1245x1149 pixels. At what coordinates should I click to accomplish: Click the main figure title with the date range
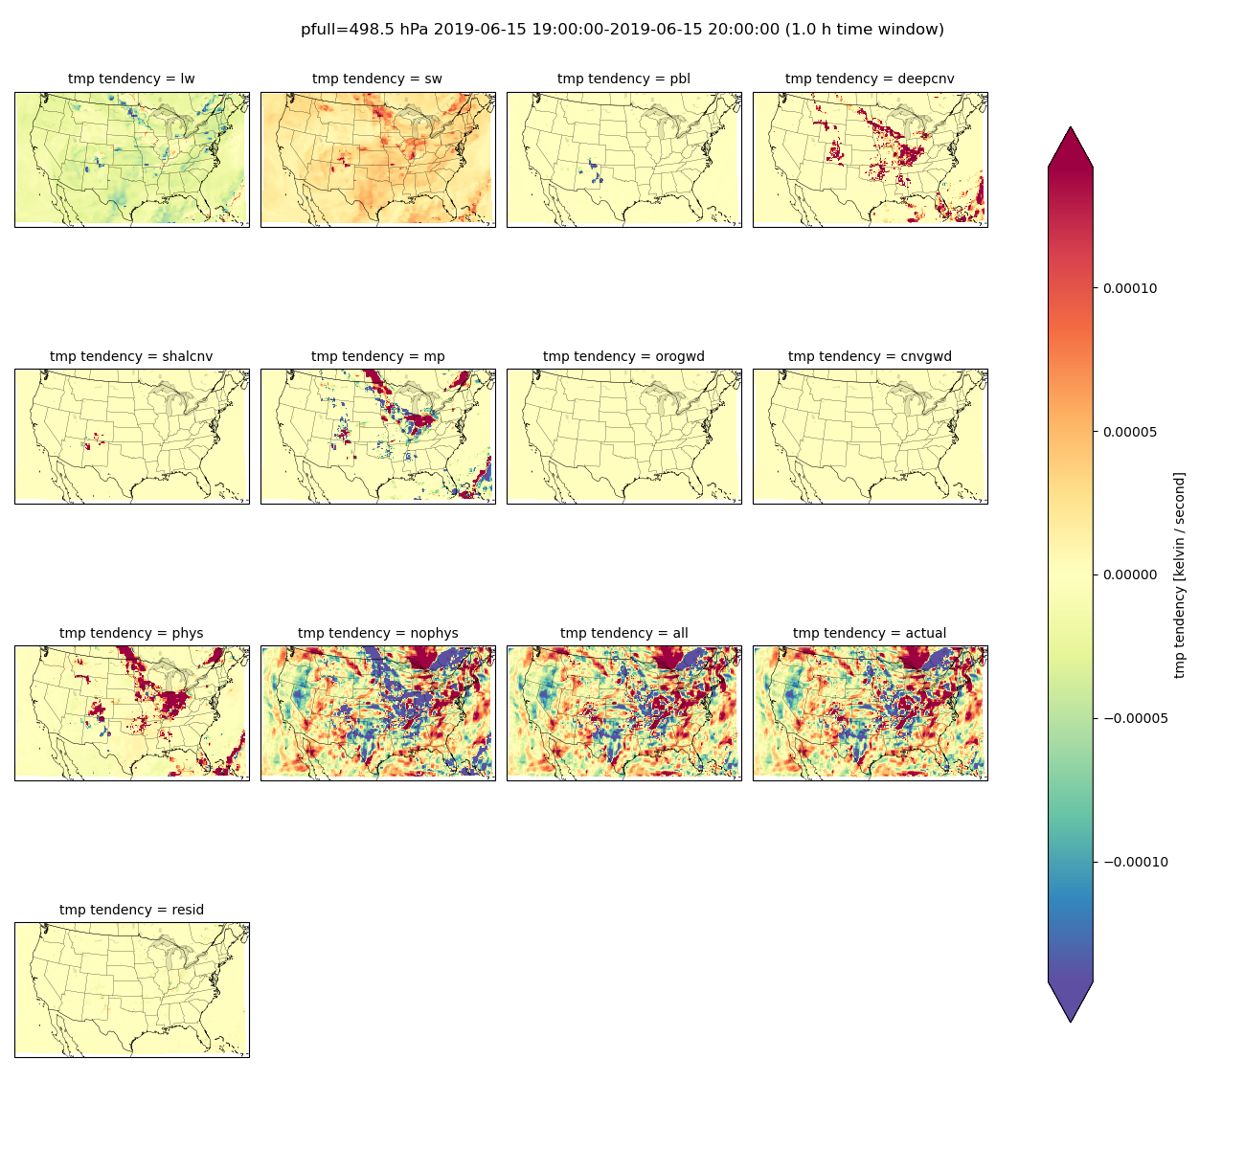(x=622, y=30)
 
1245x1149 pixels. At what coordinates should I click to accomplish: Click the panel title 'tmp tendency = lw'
(x=131, y=79)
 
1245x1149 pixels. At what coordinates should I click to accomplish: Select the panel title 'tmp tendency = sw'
(x=377, y=79)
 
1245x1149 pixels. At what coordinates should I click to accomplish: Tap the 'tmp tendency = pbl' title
(x=623, y=79)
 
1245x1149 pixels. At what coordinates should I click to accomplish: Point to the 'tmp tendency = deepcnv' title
(x=871, y=79)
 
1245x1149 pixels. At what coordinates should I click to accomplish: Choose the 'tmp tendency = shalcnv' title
(x=131, y=356)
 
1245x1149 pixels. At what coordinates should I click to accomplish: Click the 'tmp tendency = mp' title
(x=378, y=356)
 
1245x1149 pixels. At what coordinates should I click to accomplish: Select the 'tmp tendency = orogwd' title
(x=623, y=356)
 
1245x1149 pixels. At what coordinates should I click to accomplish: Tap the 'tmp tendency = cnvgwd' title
(x=871, y=356)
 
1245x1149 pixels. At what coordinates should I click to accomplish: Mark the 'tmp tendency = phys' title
(x=131, y=633)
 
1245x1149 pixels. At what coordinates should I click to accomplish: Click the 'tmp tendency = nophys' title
(x=378, y=633)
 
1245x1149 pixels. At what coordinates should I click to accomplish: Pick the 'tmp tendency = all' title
(x=623, y=633)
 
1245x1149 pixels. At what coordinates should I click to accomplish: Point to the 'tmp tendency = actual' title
(x=871, y=633)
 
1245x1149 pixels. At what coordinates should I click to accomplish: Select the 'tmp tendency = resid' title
(x=131, y=910)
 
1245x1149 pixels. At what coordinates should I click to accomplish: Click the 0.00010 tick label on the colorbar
(x=1130, y=288)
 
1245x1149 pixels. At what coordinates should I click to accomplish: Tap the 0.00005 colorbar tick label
(x=1130, y=432)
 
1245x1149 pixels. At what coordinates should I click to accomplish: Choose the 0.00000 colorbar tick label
(x=1130, y=574)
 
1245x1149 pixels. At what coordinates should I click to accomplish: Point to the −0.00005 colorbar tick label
(x=1136, y=718)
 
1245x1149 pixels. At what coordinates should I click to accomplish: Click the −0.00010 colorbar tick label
(x=1136, y=862)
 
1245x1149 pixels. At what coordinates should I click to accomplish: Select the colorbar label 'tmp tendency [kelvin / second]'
(x=1179, y=574)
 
